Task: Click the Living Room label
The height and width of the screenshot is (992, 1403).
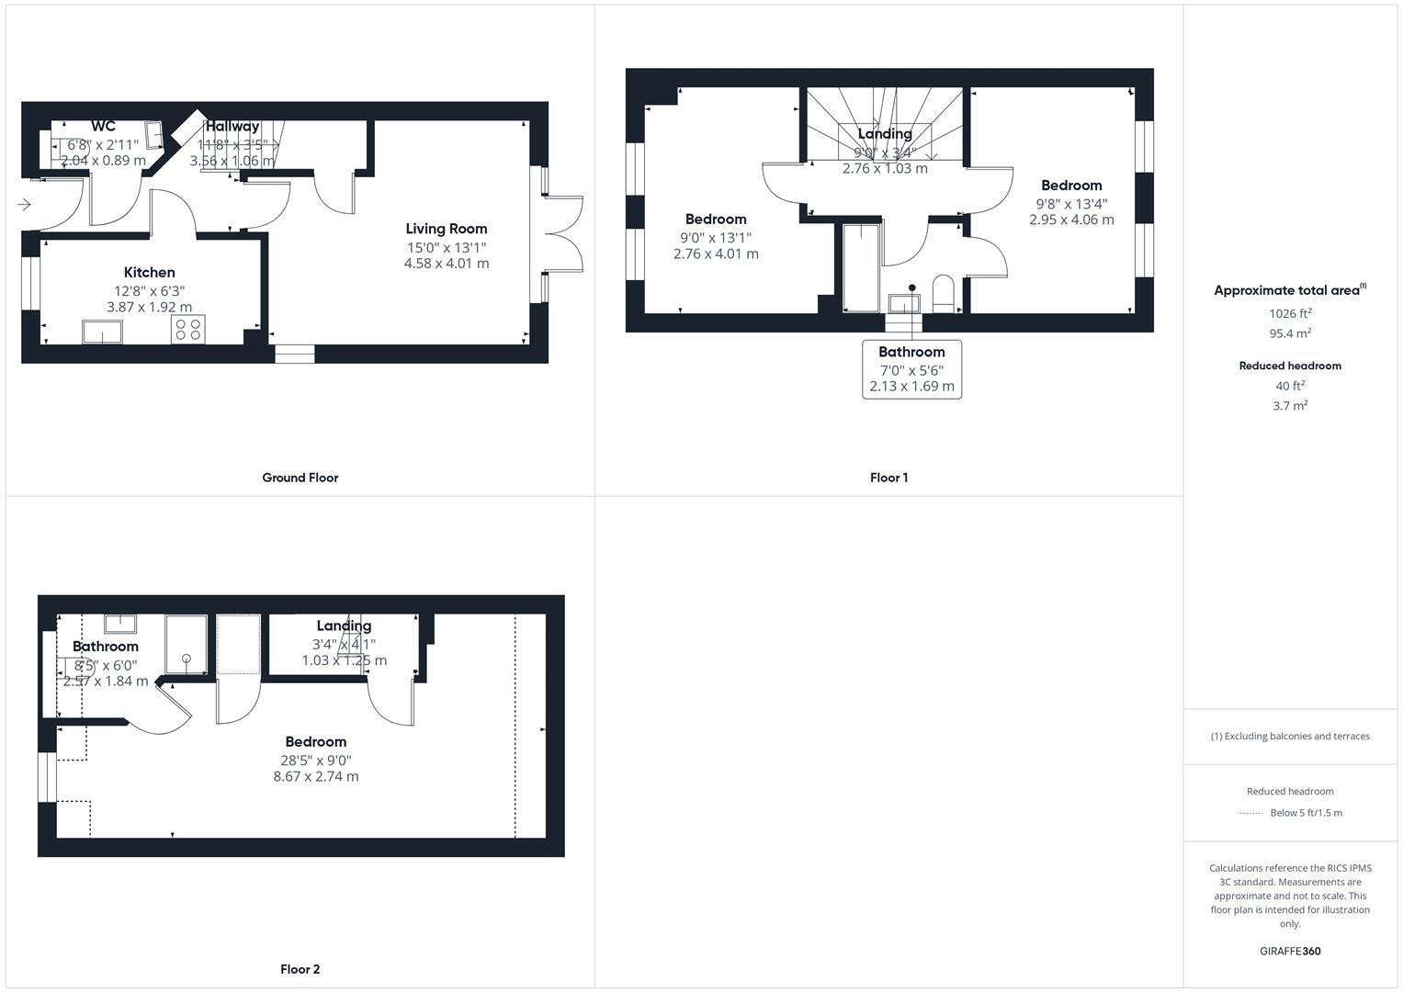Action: [447, 229]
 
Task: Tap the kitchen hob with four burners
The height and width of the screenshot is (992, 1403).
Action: [188, 330]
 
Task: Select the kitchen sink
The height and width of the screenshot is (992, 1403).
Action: [102, 331]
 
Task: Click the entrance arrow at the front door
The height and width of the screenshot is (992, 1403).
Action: [24, 204]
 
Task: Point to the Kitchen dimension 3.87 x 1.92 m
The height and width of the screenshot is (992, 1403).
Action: [149, 307]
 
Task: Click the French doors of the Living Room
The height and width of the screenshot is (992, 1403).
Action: [562, 233]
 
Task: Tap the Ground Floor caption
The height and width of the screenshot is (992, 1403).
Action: [300, 478]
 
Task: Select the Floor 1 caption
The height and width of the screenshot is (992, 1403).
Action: [888, 478]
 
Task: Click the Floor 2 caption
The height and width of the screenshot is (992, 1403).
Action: [300, 969]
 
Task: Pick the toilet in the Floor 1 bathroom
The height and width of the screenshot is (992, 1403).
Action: [944, 293]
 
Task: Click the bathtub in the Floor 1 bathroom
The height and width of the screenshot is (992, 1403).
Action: [861, 267]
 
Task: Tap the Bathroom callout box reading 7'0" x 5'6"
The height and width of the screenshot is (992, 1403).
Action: [911, 369]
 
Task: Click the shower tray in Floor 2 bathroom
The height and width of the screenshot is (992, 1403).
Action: [187, 644]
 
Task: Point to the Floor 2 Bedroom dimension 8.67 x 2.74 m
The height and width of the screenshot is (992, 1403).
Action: [315, 776]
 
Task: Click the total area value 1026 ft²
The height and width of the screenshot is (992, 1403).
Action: [1290, 313]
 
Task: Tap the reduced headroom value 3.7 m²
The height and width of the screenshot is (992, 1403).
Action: [1290, 405]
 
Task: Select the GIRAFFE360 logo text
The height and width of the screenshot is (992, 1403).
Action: [1290, 951]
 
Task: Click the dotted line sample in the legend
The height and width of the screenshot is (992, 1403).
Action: [1250, 813]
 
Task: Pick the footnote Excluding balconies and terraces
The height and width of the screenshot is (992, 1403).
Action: [1290, 736]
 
